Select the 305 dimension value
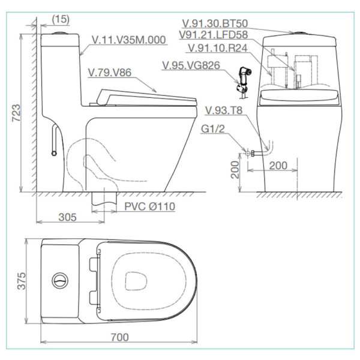[67, 217]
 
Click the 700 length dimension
[120, 337]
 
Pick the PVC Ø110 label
[151, 206]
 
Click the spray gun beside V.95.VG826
[244, 78]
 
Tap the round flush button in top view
[60, 280]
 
